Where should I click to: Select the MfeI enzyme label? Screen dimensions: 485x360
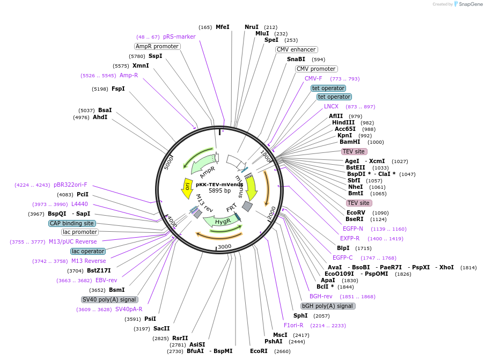point(222,27)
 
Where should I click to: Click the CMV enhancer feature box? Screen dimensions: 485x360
point(296,49)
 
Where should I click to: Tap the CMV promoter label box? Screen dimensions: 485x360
point(316,69)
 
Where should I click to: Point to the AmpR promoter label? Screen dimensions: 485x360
point(157,46)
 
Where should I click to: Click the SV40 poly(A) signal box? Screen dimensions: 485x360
point(109,299)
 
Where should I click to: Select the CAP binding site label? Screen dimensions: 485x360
point(72,223)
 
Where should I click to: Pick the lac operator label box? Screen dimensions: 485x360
point(88,251)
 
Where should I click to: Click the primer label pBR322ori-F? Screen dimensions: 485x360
point(70,185)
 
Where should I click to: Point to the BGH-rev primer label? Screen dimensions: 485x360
point(321,296)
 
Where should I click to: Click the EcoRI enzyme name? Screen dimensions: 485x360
point(259,351)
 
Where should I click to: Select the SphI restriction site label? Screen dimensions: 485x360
point(300,315)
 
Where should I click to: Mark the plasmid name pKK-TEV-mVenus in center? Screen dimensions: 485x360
point(219,184)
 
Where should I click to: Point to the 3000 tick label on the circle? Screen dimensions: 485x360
point(224,246)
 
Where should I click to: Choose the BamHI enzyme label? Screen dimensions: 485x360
point(350,142)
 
